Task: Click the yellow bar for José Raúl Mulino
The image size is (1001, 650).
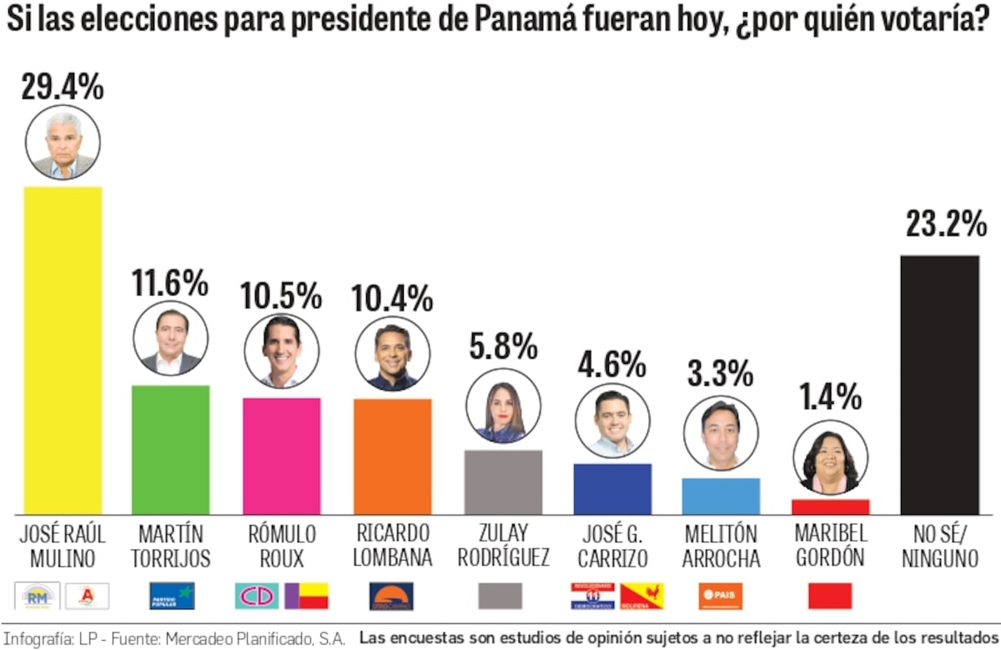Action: [x=63, y=350]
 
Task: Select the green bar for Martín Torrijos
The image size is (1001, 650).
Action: [x=171, y=450]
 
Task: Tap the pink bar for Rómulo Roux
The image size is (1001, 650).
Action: [x=281, y=456]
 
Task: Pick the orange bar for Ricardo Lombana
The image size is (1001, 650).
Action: [x=392, y=456]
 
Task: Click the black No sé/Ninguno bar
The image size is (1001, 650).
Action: [x=939, y=385]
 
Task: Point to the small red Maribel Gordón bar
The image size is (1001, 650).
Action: [x=830, y=506]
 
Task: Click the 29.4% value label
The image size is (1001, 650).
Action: [x=63, y=86]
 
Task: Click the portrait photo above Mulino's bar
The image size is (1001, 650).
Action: [x=63, y=143]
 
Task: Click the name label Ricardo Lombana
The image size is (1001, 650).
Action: [x=392, y=546]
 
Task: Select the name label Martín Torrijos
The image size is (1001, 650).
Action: [x=171, y=546]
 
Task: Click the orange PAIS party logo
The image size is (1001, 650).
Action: [x=720, y=596]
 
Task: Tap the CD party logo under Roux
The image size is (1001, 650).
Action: [x=257, y=596]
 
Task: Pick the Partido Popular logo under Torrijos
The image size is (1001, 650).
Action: [x=171, y=596]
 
